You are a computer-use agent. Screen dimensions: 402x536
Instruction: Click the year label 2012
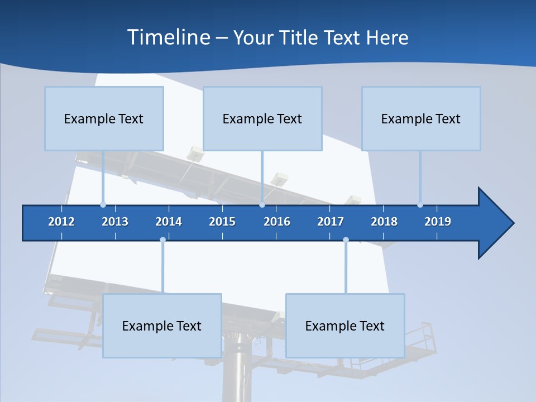pyautogui.click(x=61, y=222)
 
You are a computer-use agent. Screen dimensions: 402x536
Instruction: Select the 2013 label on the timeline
pyautogui.click(x=115, y=222)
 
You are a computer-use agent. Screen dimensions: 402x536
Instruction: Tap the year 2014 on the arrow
pyautogui.click(x=169, y=222)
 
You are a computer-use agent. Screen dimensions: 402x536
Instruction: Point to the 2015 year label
pyautogui.click(x=222, y=222)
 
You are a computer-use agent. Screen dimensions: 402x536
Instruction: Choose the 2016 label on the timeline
pyautogui.click(x=277, y=222)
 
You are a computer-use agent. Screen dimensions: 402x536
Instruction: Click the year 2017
pyautogui.click(x=331, y=222)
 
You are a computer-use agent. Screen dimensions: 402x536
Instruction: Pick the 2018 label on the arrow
pyautogui.click(x=384, y=222)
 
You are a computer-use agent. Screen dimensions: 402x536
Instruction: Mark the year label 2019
pyautogui.click(x=438, y=222)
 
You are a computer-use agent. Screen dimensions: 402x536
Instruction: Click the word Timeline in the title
pyautogui.click(x=168, y=37)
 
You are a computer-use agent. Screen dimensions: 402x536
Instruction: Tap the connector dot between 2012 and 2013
pyautogui.click(x=103, y=205)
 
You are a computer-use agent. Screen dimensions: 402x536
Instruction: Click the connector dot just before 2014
pyautogui.click(x=162, y=240)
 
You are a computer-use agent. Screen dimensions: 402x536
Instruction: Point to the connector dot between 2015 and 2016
pyautogui.click(x=262, y=205)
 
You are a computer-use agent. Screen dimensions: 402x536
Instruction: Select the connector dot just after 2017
pyautogui.click(x=346, y=240)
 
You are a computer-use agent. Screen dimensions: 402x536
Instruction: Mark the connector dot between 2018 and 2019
pyautogui.click(x=420, y=205)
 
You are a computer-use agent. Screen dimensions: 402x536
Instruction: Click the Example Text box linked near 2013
pyautogui.click(x=104, y=118)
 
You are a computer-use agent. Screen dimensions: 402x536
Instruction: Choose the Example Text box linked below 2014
pyautogui.click(x=162, y=326)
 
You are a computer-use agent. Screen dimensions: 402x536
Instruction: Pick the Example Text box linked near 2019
pyautogui.click(x=421, y=118)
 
